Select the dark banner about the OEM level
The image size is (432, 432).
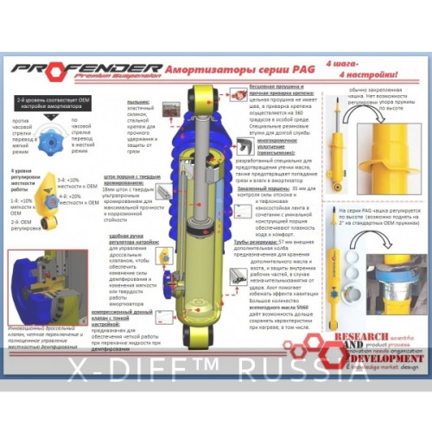pyautogui.click(x=54, y=103)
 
